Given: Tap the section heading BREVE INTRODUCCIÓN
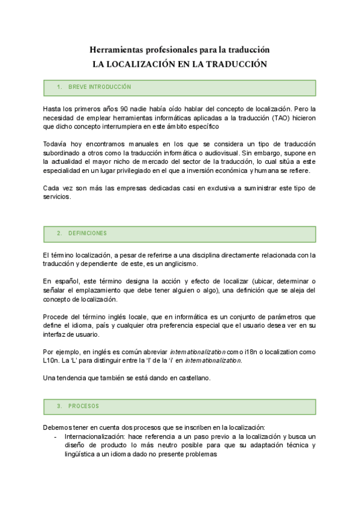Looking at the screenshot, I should click(100, 88).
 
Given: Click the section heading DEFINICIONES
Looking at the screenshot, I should click(88, 233).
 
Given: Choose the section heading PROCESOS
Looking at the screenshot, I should click(84, 406).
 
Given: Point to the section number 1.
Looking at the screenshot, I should click(59, 88).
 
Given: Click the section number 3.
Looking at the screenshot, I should click(59, 406).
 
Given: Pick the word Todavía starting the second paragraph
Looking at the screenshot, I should click(57, 144).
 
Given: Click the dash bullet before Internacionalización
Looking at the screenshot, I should click(56, 436).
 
